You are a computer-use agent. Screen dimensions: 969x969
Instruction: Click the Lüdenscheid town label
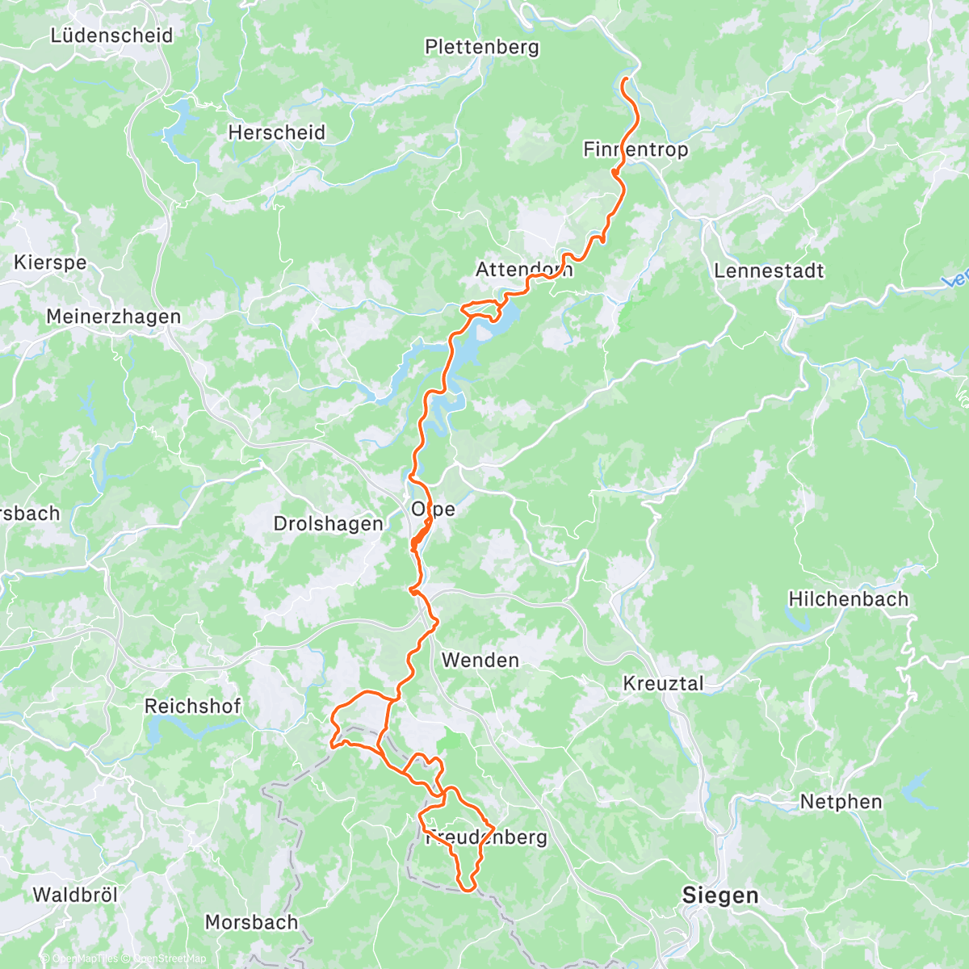point(111,36)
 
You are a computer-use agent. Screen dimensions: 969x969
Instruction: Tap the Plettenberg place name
point(482,48)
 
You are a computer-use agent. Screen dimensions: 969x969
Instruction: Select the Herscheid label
point(277,132)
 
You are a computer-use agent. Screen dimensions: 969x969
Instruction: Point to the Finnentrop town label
point(636,149)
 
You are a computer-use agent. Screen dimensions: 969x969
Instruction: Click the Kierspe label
point(50,262)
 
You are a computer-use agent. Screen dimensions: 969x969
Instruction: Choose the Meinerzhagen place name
point(114,317)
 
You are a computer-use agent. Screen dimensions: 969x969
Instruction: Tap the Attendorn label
point(524,269)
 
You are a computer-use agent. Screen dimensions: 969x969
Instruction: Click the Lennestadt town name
point(769,271)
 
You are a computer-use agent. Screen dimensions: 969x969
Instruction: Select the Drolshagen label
point(329,524)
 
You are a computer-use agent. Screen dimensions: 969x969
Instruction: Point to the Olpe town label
point(434,510)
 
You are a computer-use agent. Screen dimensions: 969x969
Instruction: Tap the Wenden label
point(480,661)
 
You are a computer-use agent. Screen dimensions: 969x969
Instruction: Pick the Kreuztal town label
point(663,683)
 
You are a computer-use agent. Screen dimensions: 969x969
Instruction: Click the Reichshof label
point(192,706)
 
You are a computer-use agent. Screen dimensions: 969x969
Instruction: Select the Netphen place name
point(841,802)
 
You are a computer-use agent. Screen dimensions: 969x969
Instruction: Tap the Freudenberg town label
point(486,837)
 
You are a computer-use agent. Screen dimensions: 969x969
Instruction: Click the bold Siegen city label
point(720,896)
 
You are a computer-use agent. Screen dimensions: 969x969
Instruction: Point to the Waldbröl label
point(75,895)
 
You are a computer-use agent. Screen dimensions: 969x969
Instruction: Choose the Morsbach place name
point(251,922)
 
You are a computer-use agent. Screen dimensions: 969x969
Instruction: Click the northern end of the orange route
point(624,79)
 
